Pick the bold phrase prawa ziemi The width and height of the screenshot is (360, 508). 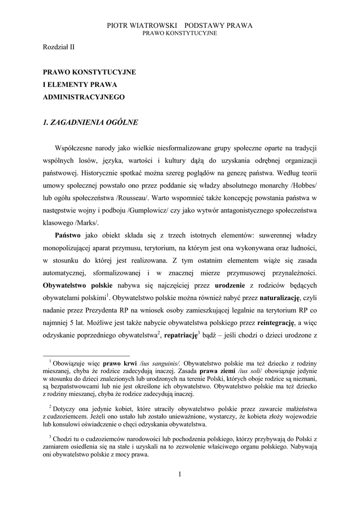click(x=219, y=371)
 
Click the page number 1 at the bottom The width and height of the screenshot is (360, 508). click(x=180, y=475)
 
